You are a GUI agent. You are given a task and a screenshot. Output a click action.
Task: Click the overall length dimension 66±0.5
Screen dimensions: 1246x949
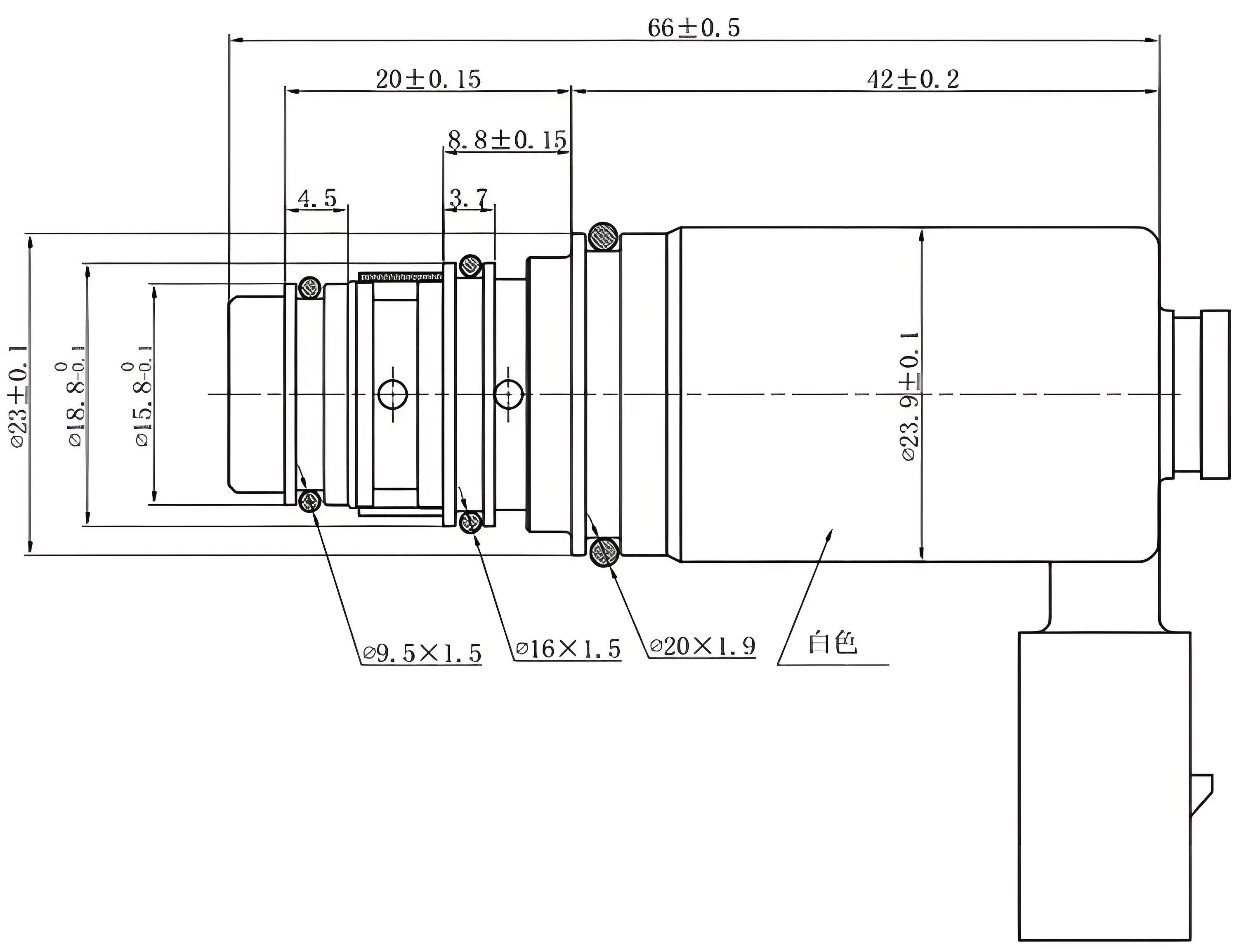(694, 28)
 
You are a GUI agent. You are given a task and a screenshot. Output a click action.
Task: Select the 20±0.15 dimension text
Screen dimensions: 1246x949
(429, 80)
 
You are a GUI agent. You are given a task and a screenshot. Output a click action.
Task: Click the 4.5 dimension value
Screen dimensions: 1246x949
(317, 198)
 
